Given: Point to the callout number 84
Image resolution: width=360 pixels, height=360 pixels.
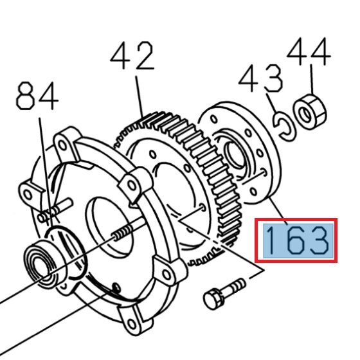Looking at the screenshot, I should [37, 98].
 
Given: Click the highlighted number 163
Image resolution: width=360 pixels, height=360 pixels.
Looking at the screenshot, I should [296, 240].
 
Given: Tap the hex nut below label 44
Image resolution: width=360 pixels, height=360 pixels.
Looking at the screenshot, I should [307, 111].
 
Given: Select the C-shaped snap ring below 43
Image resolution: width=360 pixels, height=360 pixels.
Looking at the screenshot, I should [283, 125].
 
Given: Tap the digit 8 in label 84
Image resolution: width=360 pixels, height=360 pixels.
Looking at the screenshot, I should [26, 98].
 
